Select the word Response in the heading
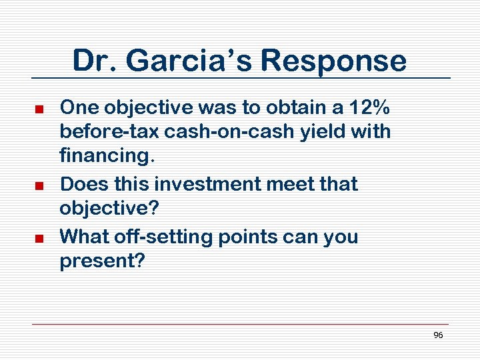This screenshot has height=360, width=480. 333,61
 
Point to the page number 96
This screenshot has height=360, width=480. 438,335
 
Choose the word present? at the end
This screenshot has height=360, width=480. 101,261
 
